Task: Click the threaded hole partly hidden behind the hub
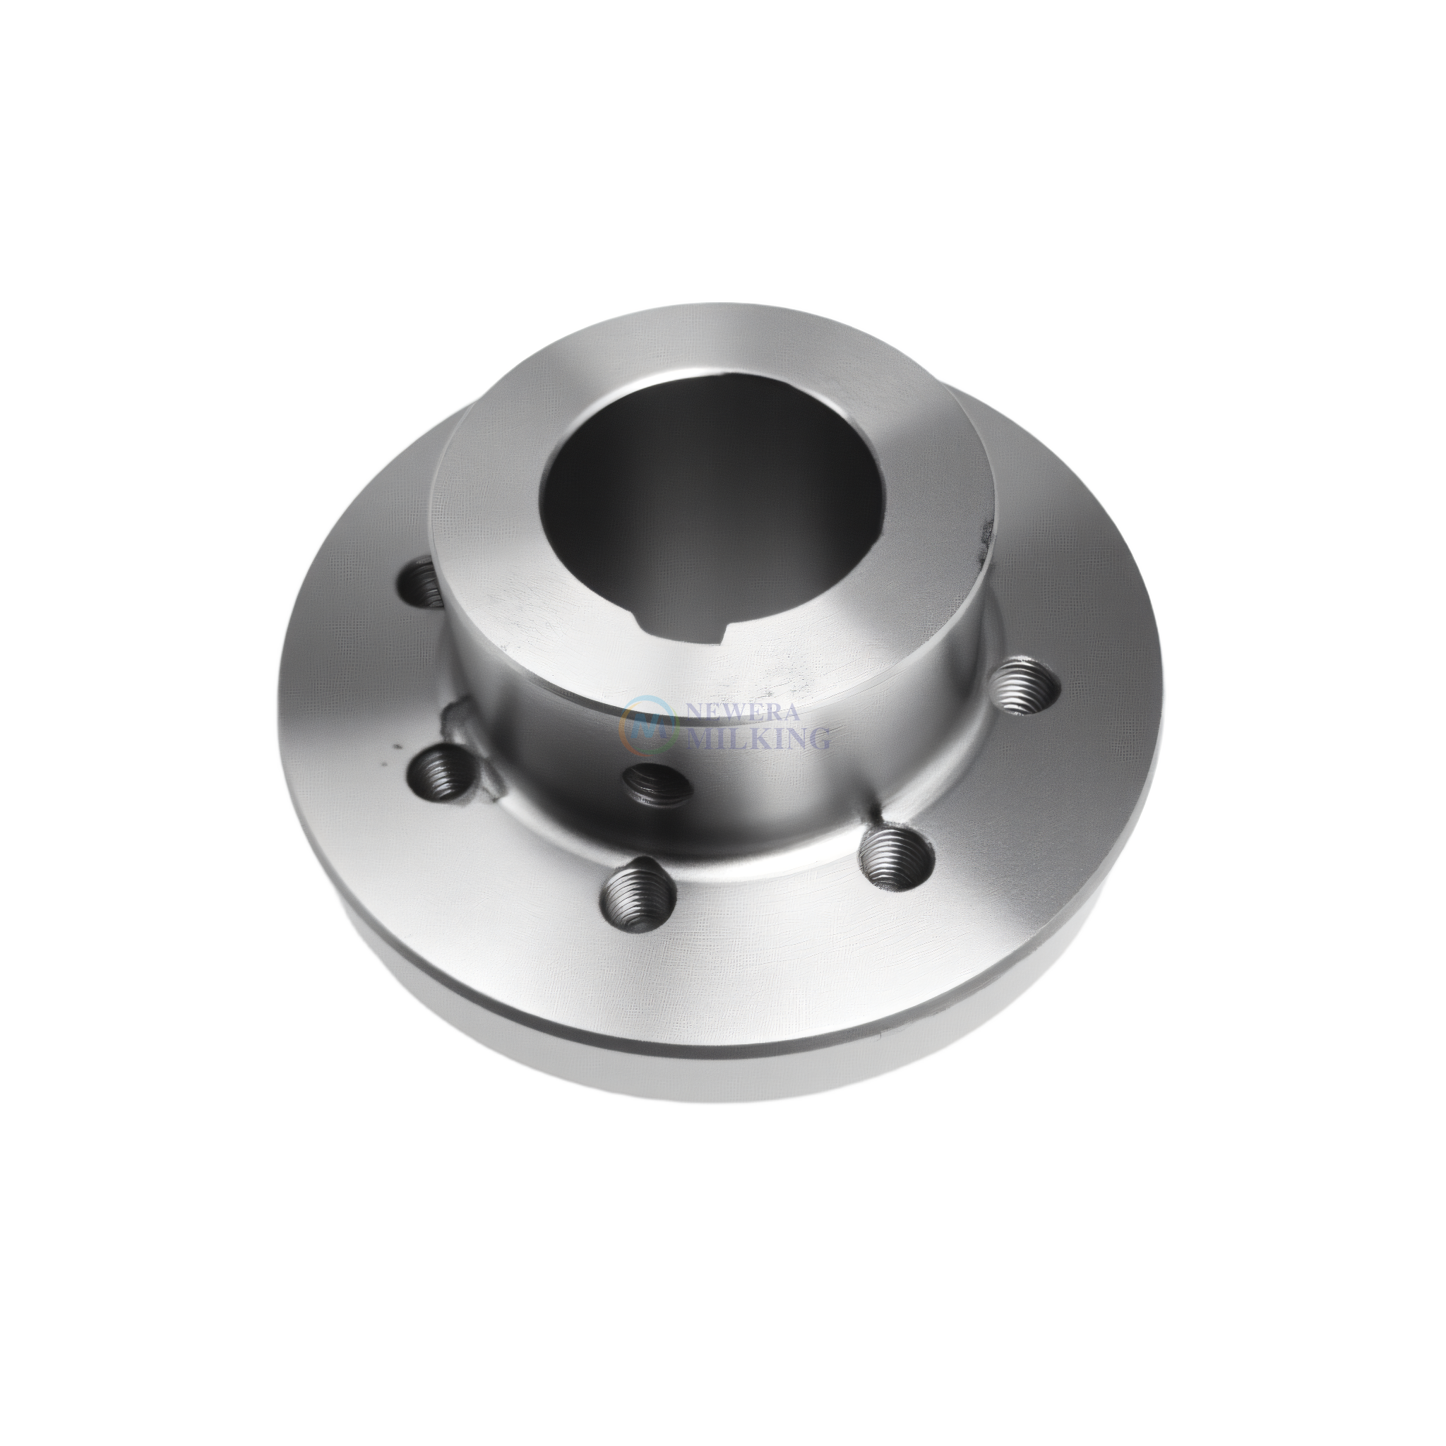[423, 580]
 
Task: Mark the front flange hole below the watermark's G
[896, 859]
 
